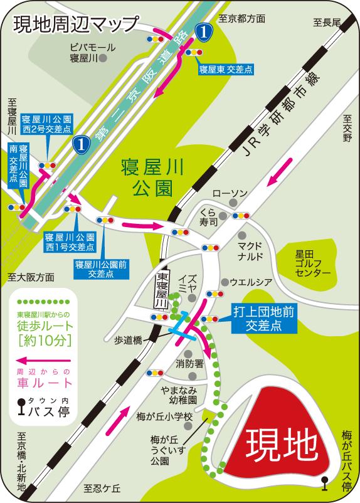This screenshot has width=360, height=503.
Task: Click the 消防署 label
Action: coord(189,363)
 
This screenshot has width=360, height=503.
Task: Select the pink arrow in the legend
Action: coord(41,361)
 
